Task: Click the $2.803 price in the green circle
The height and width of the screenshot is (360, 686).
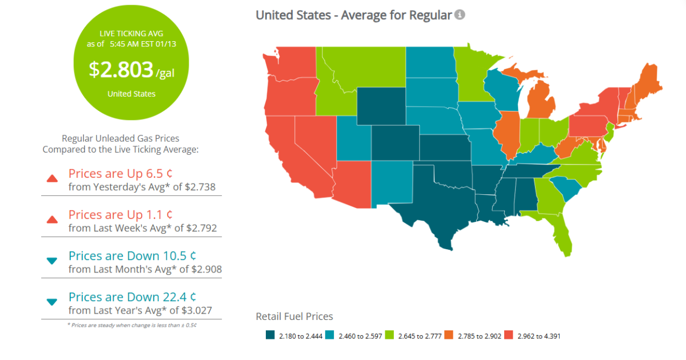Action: pyautogui.click(x=121, y=70)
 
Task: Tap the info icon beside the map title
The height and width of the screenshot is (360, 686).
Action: pyautogui.click(x=460, y=14)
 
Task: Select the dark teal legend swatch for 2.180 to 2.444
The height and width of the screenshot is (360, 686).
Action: pyautogui.click(x=270, y=336)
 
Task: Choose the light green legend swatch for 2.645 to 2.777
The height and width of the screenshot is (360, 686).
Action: pyautogui.click(x=390, y=336)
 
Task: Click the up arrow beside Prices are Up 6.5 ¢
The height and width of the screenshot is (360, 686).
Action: pyautogui.click(x=52, y=178)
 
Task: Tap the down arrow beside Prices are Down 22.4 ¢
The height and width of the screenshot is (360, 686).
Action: pyautogui.click(x=52, y=302)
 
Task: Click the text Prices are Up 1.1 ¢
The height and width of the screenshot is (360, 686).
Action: pyautogui.click(x=121, y=214)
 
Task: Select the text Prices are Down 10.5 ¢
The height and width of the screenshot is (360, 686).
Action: pyautogui.click(x=132, y=255)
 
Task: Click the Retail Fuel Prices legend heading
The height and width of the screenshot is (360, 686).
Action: pyautogui.click(x=294, y=316)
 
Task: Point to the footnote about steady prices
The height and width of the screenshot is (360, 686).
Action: pyautogui.click(x=131, y=325)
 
